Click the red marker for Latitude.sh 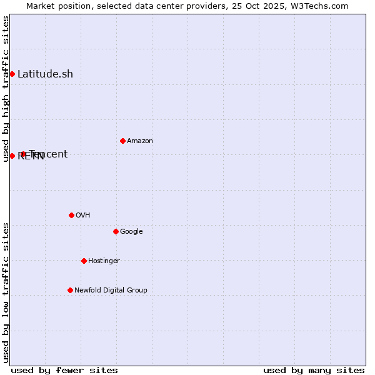tap(12, 74)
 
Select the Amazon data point tap(122, 141)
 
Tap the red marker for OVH tap(71, 215)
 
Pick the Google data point tap(116, 231)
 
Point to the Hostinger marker tap(84, 261)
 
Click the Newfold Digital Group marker tap(70, 290)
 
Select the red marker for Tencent tap(23, 154)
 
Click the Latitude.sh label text tap(45, 74)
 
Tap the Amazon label tap(140, 141)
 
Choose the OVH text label tap(83, 216)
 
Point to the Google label tap(131, 232)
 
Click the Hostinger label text tap(104, 261)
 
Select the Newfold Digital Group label tap(111, 291)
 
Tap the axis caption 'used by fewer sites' tap(64, 370)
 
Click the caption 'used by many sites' tap(314, 370)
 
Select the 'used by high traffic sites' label tap(6, 89)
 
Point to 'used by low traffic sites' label tap(6, 292)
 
